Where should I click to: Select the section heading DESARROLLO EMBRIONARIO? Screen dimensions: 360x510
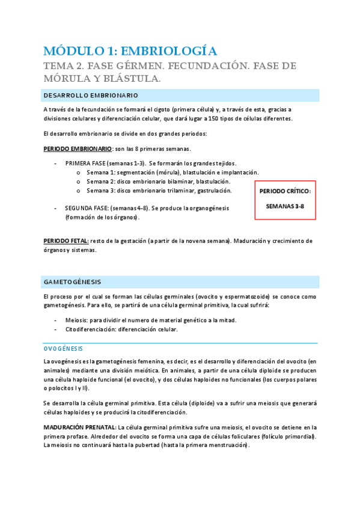click(x=91, y=95)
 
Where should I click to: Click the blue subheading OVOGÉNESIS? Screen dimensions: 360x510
click(x=63, y=348)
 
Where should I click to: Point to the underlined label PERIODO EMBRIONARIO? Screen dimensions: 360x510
click(x=78, y=148)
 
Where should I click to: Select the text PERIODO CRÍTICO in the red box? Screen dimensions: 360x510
click(x=285, y=191)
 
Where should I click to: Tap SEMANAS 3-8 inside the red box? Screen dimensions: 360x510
click(x=285, y=206)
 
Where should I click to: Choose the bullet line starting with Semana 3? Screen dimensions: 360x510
click(x=159, y=191)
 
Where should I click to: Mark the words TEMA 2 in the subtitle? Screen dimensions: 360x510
click(x=63, y=66)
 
